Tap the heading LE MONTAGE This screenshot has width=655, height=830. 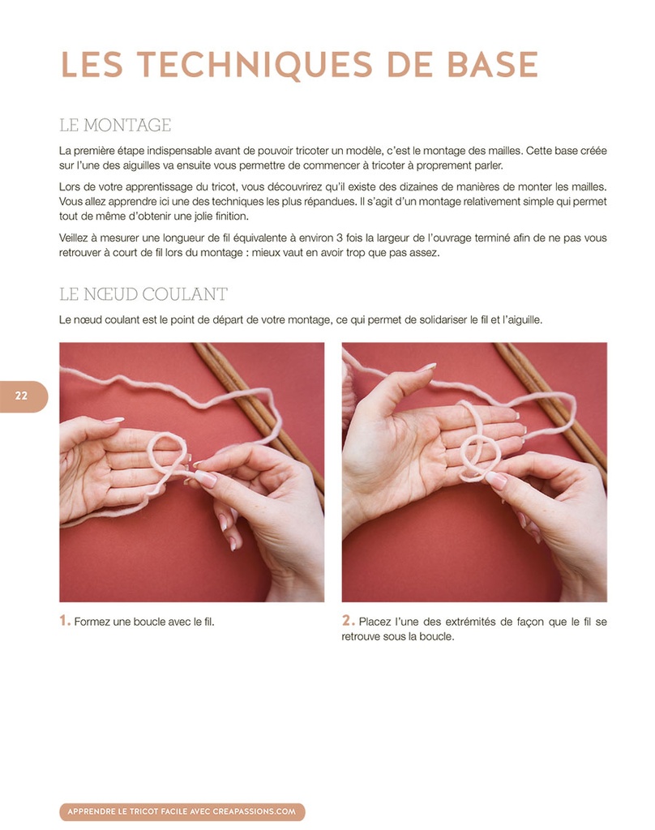coord(115,125)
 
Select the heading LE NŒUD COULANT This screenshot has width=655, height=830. coord(143,293)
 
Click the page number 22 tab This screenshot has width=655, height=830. coord(22,396)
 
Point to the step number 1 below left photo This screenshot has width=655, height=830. coord(63,621)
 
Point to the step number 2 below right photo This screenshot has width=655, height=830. coord(348,621)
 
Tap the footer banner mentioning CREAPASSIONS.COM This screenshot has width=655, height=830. coord(182,811)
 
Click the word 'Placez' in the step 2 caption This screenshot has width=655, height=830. coord(375,622)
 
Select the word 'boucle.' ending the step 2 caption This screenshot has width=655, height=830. coord(436,637)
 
